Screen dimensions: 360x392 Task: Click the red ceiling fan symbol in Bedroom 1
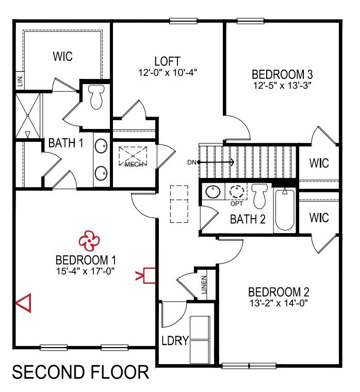click(x=89, y=241)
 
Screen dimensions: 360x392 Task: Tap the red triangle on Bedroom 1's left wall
click(x=24, y=303)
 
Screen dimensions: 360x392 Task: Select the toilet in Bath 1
click(x=96, y=97)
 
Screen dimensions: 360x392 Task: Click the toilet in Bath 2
click(x=259, y=196)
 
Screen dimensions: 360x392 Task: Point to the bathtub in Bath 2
click(x=285, y=209)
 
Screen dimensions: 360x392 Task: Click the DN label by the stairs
click(x=192, y=162)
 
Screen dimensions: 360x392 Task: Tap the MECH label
click(x=134, y=165)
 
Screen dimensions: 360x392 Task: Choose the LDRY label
click(x=175, y=340)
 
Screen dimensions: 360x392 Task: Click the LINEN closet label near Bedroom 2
click(x=204, y=285)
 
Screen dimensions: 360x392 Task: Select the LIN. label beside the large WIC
click(x=20, y=81)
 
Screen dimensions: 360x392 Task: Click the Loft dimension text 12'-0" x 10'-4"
click(x=168, y=73)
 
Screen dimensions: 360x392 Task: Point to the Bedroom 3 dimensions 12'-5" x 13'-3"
click(x=282, y=86)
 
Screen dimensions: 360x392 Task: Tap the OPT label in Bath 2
click(x=237, y=204)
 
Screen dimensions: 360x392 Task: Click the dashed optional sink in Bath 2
click(x=237, y=192)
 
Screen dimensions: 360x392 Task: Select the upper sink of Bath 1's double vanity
click(x=101, y=145)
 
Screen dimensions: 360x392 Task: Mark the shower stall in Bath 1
click(x=28, y=116)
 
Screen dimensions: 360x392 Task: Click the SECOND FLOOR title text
click(x=80, y=372)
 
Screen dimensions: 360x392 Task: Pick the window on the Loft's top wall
click(x=183, y=21)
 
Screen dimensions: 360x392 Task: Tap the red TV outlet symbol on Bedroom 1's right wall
click(x=145, y=275)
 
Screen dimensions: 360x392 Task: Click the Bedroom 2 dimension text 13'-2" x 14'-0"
click(x=279, y=303)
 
